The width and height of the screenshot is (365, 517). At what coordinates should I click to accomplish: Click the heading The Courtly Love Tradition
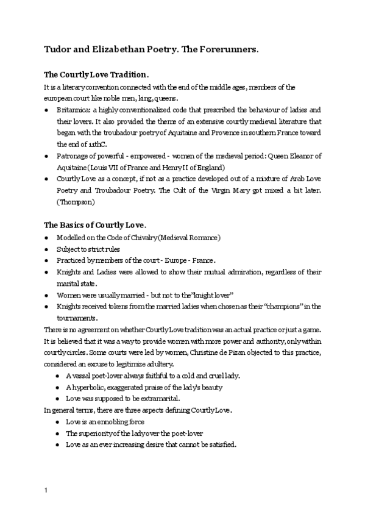click(x=96, y=74)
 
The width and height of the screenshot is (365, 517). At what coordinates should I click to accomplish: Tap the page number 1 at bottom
click(x=46, y=490)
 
